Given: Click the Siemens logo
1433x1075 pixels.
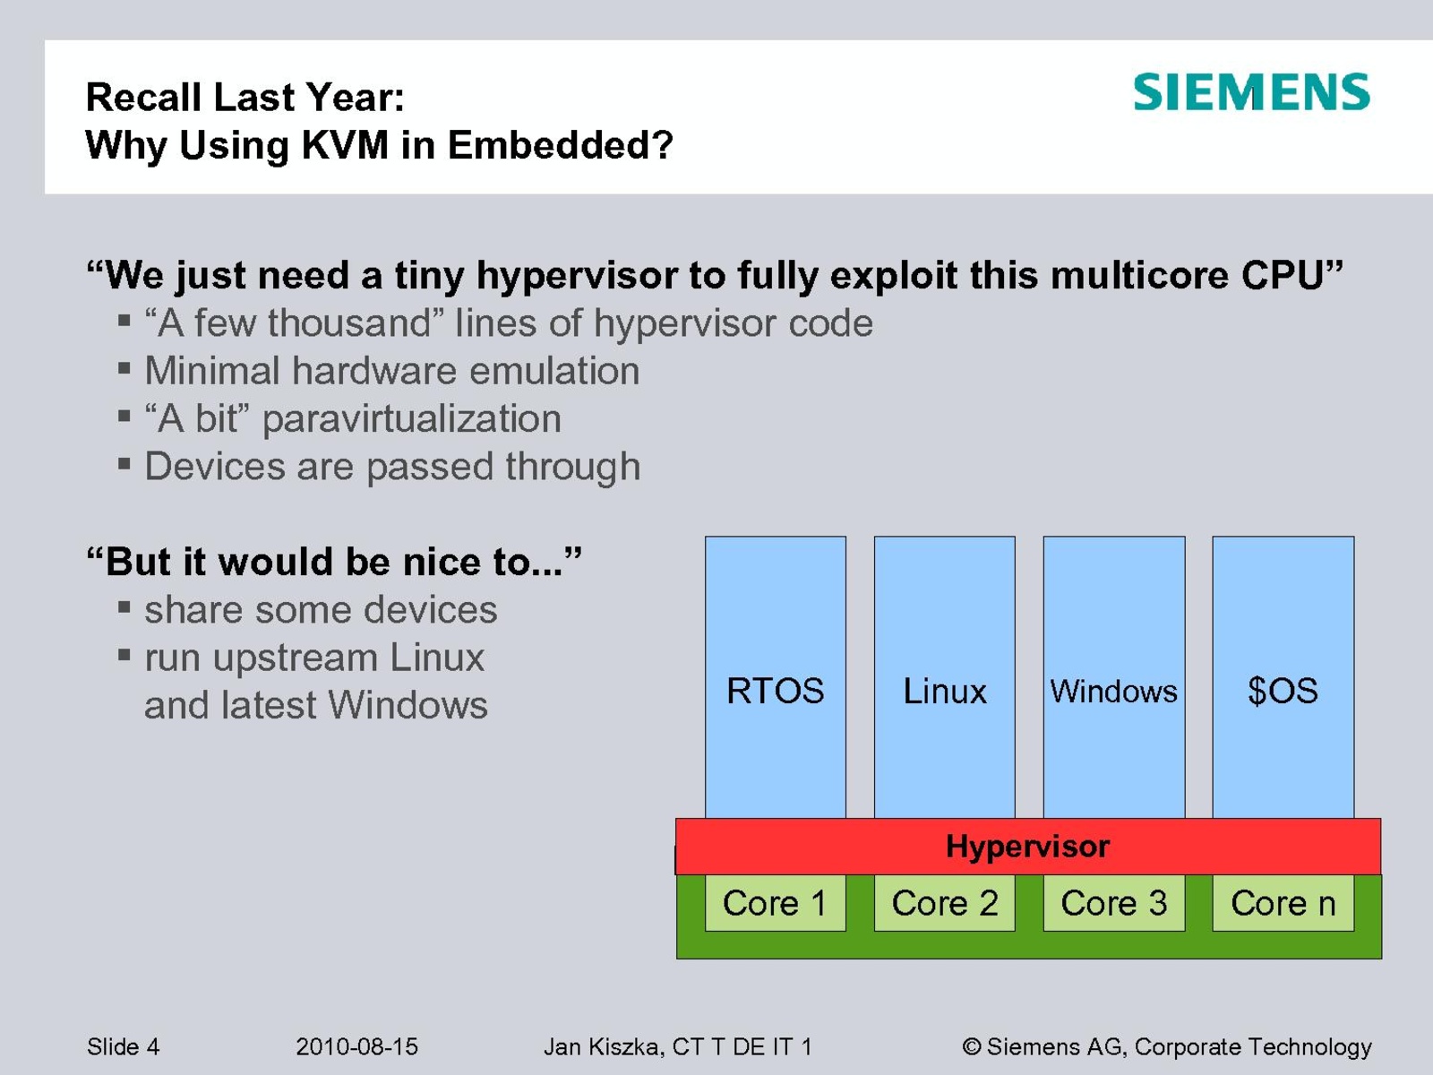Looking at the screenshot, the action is (1251, 92).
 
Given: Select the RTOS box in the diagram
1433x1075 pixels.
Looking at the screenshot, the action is (776, 677).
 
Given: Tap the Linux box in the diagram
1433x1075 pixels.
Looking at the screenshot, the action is (945, 677).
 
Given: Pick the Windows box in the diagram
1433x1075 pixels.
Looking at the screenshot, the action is (1114, 677).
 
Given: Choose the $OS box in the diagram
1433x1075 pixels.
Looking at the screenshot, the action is (1283, 677).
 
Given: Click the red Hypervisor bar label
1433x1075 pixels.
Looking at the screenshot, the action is (1027, 847).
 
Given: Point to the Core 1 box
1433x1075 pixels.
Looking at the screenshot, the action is (776, 903).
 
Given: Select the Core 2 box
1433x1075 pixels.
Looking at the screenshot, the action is (945, 903).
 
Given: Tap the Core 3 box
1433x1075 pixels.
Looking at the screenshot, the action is (1114, 903).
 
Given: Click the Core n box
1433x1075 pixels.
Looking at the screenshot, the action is (1283, 903).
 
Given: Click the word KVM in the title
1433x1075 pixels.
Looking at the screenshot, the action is (346, 144).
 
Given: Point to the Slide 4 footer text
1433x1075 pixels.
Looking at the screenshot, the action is (124, 1047).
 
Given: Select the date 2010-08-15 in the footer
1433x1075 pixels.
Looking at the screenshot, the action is (356, 1047).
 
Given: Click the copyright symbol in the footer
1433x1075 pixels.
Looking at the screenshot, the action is (972, 1047).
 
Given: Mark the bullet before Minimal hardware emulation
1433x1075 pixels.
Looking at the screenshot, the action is (124, 368).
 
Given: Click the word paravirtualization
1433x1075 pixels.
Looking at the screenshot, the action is (412, 419).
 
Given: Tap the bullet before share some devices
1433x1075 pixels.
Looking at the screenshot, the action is (124, 607).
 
